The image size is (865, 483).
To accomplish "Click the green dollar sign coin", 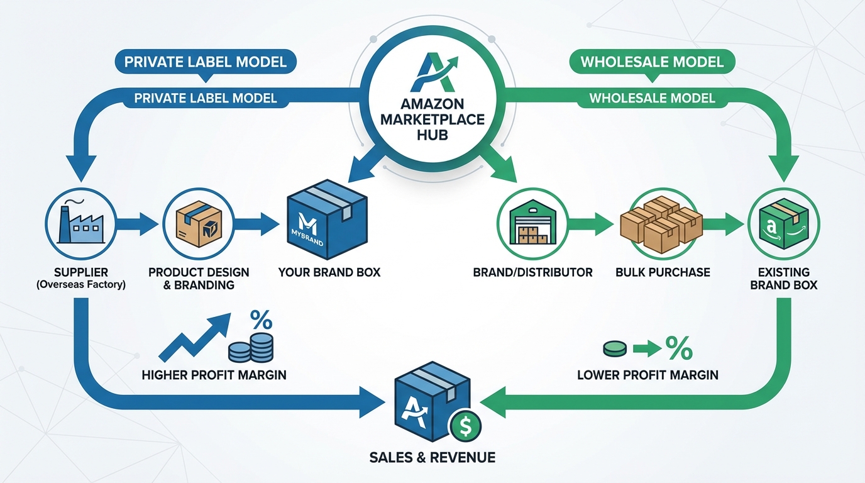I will (465, 427).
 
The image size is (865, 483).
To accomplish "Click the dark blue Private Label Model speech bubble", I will (205, 62).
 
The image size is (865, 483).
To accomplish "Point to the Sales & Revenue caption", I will (432, 457).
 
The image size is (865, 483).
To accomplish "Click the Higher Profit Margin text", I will (214, 375).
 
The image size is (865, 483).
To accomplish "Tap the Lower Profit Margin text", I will (647, 375).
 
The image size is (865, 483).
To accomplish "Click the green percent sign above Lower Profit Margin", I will (678, 348).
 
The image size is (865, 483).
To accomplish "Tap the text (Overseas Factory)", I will (80, 285).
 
